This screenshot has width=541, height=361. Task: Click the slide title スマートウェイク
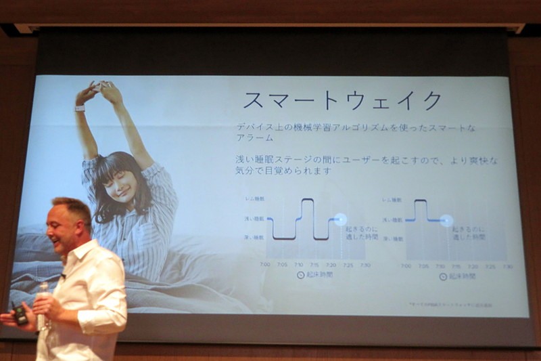(x=342, y=100)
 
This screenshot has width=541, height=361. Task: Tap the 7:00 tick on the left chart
(x=264, y=265)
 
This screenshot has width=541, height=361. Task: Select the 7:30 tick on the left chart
(x=365, y=265)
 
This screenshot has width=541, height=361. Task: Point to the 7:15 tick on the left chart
(x=314, y=265)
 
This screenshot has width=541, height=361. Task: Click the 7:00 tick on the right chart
(x=406, y=266)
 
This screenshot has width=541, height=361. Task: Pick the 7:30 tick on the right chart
(x=507, y=266)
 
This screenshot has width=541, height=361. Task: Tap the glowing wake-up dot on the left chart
(x=340, y=219)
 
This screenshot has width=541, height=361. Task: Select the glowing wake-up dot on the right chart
(x=446, y=219)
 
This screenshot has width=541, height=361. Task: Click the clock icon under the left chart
(x=301, y=276)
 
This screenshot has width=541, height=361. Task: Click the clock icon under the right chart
(x=443, y=276)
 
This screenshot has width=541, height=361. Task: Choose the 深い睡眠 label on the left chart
(x=254, y=237)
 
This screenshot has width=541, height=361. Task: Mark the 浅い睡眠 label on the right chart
(x=392, y=219)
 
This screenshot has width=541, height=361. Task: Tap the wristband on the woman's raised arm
(x=80, y=108)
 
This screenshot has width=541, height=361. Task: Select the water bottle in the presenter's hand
(x=44, y=308)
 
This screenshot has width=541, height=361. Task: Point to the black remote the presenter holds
(x=20, y=314)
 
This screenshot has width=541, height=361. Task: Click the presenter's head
(x=70, y=224)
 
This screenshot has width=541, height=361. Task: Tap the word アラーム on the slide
(x=254, y=137)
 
